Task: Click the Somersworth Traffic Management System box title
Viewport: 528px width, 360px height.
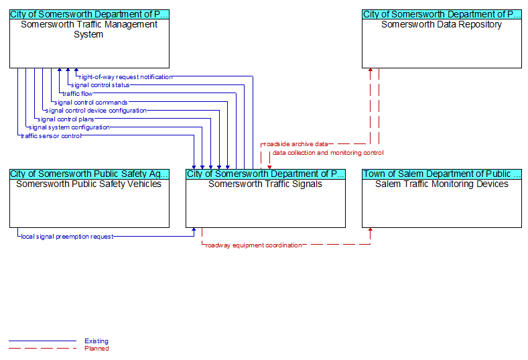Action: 89,29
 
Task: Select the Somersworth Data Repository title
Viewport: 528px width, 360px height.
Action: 442,25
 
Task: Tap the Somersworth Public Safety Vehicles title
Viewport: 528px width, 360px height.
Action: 89,184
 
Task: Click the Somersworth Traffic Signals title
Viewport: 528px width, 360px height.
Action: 265,184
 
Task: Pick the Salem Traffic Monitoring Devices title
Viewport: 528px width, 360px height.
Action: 442,184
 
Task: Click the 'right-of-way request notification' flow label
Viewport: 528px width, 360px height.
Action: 125,77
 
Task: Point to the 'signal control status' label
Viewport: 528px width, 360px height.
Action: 101,85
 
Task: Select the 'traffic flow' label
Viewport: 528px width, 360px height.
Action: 78,94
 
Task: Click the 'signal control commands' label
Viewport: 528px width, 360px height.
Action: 91,103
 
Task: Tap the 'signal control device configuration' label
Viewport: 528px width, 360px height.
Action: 96,111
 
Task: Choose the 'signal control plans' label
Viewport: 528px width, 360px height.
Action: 66,119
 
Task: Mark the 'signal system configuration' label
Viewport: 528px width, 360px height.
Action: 69,127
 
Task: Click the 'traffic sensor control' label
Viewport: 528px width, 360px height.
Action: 51,136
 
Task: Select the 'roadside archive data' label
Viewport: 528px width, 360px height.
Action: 296,144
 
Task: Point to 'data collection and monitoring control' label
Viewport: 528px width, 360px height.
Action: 328,153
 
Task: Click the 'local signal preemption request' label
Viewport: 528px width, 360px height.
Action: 68,237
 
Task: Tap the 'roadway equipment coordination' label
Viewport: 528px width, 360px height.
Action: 253,245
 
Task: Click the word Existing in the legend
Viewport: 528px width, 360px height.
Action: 96,341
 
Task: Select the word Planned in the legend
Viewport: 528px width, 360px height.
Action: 96,349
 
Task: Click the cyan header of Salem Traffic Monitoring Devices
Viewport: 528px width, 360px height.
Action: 442,174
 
